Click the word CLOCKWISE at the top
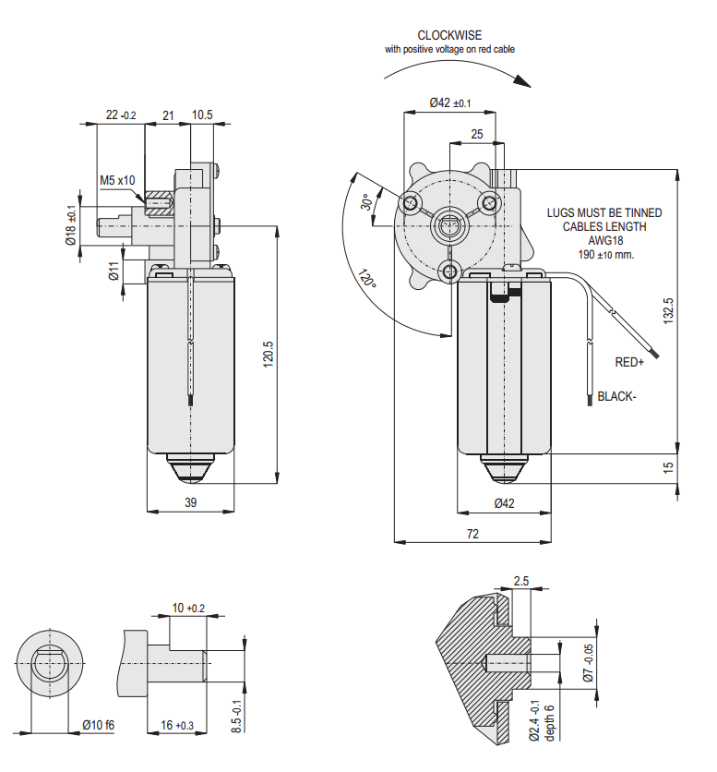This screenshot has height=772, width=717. click(449, 35)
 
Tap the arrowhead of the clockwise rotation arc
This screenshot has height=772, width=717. click(522, 80)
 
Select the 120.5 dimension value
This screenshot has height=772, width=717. click(269, 354)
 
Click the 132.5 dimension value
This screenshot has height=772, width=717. click(668, 310)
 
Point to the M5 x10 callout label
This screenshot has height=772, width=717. click(117, 180)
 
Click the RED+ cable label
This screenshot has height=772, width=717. click(629, 362)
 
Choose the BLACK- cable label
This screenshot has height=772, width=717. click(616, 396)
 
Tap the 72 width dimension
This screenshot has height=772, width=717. click(472, 534)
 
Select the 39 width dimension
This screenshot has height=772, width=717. click(190, 502)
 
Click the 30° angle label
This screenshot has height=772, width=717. click(366, 202)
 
